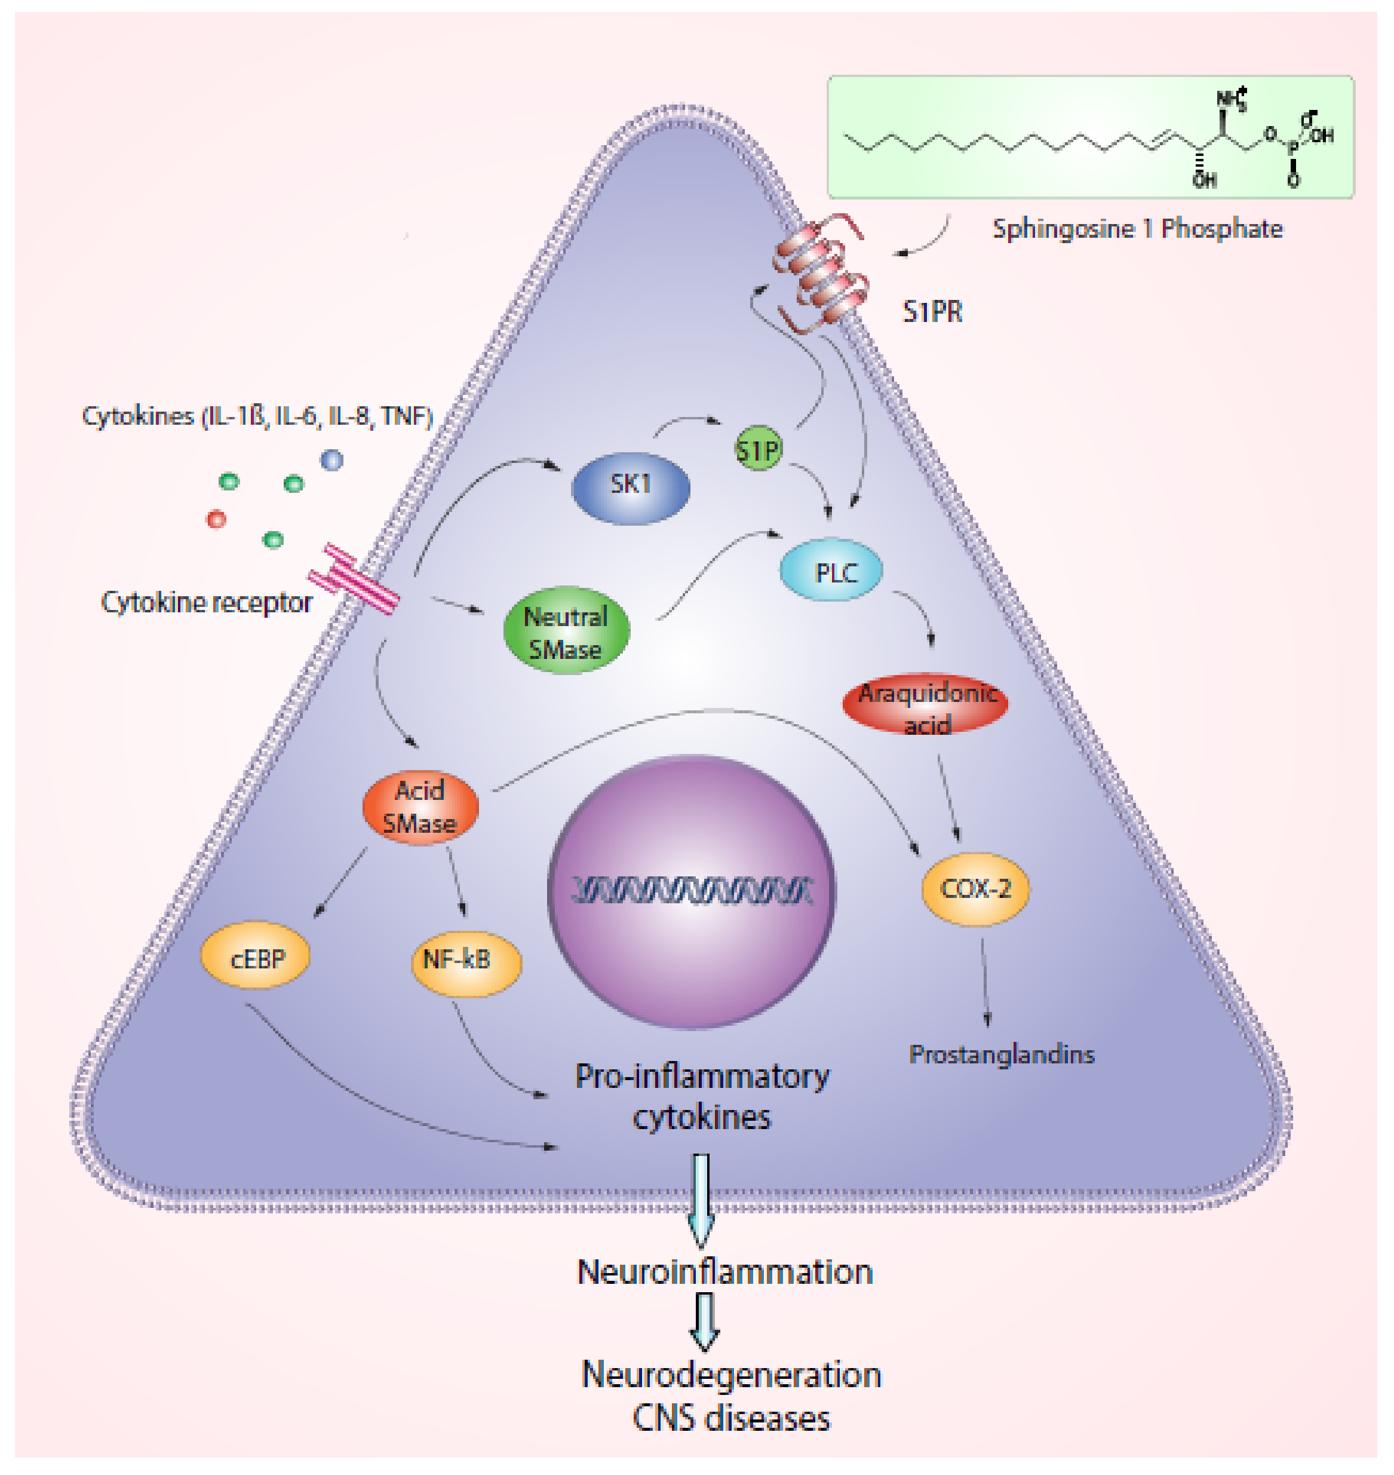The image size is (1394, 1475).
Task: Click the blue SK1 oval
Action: [630, 487]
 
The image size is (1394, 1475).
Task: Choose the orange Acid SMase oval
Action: [420, 807]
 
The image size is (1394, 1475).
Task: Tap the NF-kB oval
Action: [466, 961]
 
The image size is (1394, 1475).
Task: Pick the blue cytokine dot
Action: [331, 460]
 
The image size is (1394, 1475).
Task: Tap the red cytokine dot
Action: [216, 518]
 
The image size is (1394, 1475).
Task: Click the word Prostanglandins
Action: [1002, 1054]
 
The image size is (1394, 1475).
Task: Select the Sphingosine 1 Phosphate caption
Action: [1137, 228]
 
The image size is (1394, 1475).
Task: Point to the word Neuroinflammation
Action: [724, 1272]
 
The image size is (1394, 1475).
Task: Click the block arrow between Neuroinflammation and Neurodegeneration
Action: [704, 1322]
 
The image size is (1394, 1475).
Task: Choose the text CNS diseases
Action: [730, 1418]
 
